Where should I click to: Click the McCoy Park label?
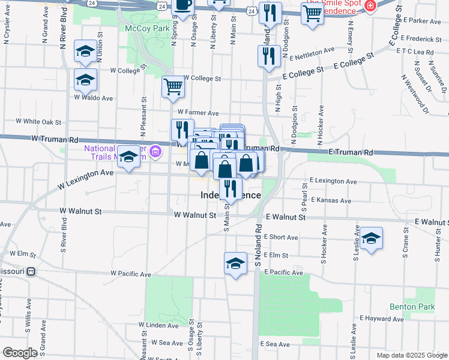pyautogui.click(x=143, y=28)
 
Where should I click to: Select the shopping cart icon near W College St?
pyautogui.click(x=173, y=86)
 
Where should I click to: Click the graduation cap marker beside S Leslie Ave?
pyautogui.click(x=371, y=238)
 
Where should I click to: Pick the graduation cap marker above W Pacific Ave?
pyautogui.click(x=236, y=263)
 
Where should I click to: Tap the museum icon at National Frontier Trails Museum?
pyautogui.click(x=156, y=151)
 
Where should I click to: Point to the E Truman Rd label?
pyautogui.click(x=351, y=153)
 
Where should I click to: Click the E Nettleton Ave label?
pyautogui.click(x=312, y=55)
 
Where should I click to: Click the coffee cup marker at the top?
pyautogui.click(x=184, y=5)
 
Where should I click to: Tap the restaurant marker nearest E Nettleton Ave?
pyautogui.click(x=268, y=56)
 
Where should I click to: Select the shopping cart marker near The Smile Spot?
pyautogui.click(x=312, y=14)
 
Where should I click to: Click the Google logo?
pyautogui.click(x=20, y=353)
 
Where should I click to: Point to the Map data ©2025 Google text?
pyautogui.click(x=412, y=355)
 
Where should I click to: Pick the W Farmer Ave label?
pyautogui.click(x=198, y=112)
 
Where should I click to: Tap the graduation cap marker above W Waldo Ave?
pyautogui.click(x=85, y=52)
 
